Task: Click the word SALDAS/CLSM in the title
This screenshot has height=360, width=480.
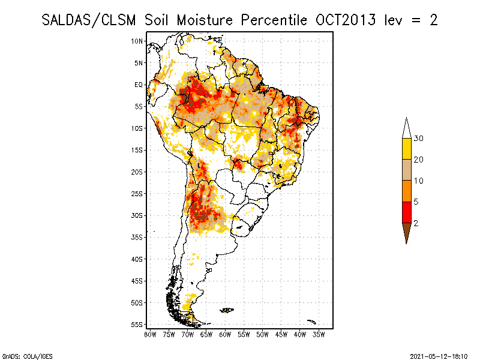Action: pos(90,20)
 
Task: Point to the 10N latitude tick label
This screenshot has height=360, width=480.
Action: pos(137,41)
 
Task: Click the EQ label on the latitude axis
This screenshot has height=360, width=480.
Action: pos(139,85)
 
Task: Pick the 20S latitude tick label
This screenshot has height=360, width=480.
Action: pos(137,172)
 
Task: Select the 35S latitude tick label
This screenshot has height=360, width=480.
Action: pos(137,237)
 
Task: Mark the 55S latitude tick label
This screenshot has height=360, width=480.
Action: pos(137,325)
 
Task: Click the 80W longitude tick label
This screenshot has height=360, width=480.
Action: pos(150,334)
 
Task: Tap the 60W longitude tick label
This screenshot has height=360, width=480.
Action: pos(225,334)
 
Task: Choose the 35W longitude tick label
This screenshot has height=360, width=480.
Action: pos(319,334)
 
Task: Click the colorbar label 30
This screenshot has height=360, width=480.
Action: pos(419,139)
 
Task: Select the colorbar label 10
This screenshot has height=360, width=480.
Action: pos(419,181)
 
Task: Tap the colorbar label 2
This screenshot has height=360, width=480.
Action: pos(416,223)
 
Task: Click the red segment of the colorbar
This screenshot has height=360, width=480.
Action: pos(406,212)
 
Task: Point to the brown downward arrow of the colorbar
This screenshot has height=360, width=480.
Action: pos(406,232)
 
